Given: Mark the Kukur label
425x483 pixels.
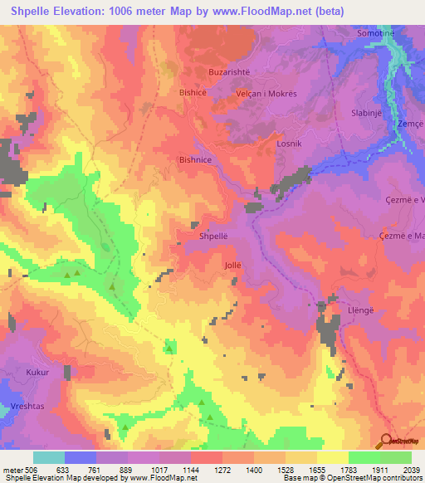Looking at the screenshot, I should tap(38, 373).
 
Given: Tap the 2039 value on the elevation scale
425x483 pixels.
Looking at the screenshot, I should tap(411, 468).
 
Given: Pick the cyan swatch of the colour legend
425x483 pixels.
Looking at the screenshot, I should tap(48, 457).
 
